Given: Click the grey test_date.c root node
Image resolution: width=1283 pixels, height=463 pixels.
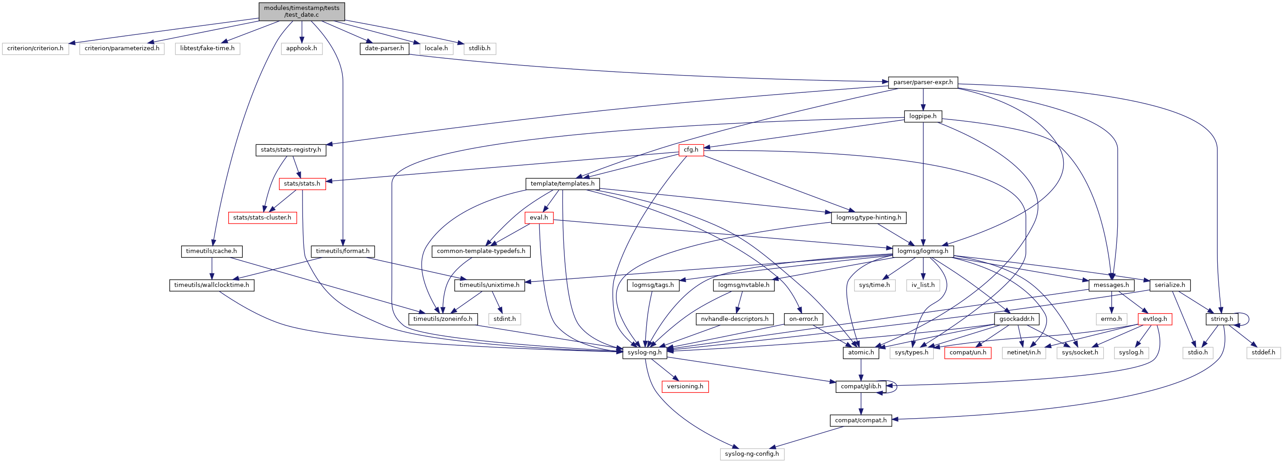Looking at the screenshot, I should [x=301, y=11].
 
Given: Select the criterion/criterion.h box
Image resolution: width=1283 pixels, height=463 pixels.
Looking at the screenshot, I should [x=35, y=48].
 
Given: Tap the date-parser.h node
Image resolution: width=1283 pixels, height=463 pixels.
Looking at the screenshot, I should [x=384, y=48].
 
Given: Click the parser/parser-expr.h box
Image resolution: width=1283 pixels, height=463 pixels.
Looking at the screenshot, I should [x=923, y=82].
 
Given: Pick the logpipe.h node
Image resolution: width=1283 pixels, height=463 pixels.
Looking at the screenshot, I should [x=923, y=116].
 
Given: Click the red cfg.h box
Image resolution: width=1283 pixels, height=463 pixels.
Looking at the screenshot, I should [x=691, y=149].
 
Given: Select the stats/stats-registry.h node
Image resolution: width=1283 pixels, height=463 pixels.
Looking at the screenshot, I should [x=291, y=149].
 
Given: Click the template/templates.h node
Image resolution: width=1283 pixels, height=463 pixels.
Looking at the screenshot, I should [x=562, y=184].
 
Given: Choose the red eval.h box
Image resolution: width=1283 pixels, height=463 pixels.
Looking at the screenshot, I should [x=538, y=218].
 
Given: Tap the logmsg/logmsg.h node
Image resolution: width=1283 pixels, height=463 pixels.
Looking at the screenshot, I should [x=923, y=251].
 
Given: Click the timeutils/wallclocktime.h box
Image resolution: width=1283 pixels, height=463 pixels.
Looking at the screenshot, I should [x=211, y=285].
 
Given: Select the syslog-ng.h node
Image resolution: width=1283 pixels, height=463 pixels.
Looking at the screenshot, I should [x=644, y=353].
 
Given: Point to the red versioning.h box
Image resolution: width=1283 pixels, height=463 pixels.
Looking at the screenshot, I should [x=685, y=387].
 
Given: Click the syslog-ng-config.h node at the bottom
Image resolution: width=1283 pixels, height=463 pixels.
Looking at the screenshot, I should [x=752, y=454].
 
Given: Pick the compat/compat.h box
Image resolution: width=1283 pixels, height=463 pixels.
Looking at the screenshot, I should [x=860, y=420].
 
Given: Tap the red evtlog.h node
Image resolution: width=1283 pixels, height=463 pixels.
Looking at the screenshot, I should [x=1154, y=319].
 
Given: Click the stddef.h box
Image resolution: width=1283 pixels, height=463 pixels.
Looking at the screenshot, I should [x=1263, y=353].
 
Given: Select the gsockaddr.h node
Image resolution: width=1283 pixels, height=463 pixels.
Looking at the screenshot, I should [x=1017, y=319].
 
